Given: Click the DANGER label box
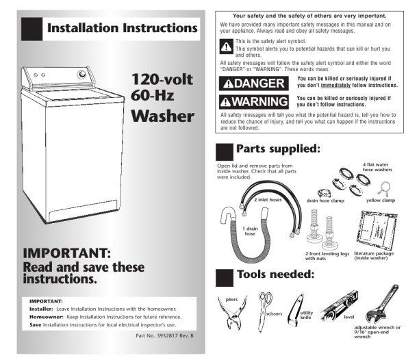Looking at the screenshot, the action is click(253, 83).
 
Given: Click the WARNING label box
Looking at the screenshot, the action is click(253, 102).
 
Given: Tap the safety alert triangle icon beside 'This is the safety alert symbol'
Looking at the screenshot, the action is click(226, 47).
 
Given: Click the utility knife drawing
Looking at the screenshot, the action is click(295, 310).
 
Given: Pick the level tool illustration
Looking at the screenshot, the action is click(339, 305).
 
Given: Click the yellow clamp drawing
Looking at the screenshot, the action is click(383, 188).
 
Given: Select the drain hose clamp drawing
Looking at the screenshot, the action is click(324, 193).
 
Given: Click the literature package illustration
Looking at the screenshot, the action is click(377, 230).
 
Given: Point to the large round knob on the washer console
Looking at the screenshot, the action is click(81, 74).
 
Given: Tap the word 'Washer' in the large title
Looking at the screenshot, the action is click(162, 116).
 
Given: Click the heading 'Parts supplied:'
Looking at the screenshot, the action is click(278, 149).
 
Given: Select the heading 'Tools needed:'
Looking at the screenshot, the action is click(275, 274).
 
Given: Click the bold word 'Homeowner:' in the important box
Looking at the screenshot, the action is click(47, 317).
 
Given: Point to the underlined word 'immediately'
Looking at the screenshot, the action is click(335, 85).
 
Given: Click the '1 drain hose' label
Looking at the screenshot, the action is click(250, 231).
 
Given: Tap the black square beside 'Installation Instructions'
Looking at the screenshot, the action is click(31, 29).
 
